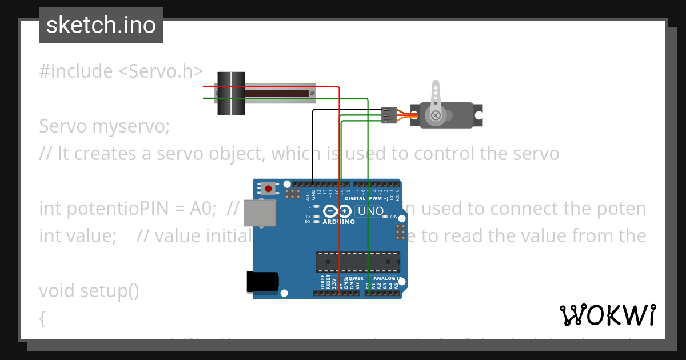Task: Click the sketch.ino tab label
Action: click(x=101, y=25)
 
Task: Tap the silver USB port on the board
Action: click(x=260, y=213)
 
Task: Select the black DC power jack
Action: click(x=262, y=282)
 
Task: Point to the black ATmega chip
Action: click(x=357, y=261)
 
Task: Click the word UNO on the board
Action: click(x=370, y=211)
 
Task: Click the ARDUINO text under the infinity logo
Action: click(x=338, y=222)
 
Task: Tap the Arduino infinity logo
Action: click(x=337, y=211)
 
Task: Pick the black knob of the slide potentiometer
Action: click(x=231, y=93)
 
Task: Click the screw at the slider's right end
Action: click(x=312, y=93)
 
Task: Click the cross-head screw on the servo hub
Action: click(x=436, y=116)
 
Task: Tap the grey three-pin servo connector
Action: click(x=389, y=115)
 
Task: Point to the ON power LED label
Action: click(x=393, y=217)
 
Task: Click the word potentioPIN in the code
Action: click(x=126, y=209)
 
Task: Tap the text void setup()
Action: click(x=89, y=291)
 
